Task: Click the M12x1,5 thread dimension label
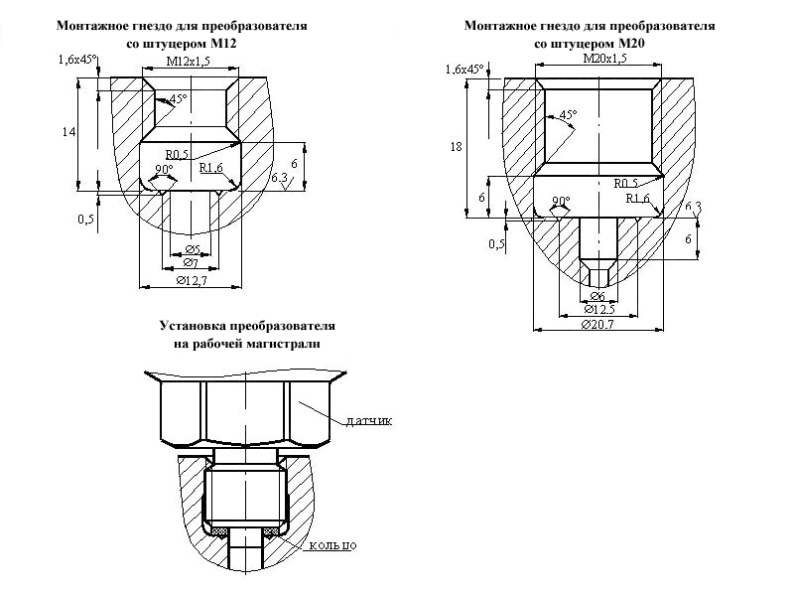pyautogui.click(x=188, y=62)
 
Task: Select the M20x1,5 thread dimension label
pyautogui.click(x=604, y=59)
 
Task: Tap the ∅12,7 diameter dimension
pyautogui.click(x=192, y=280)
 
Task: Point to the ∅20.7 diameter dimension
pyautogui.click(x=597, y=325)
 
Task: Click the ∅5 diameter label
pyautogui.click(x=193, y=249)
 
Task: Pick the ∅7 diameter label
pyautogui.click(x=191, y=262)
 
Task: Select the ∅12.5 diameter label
pyautogui.click(x=599, y=309)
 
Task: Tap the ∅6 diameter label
pyautogui.click(x=597, y=296)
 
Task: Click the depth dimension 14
pyautogui.click(x=68, y=132)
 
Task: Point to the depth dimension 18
pyautogui.click(x=456, y=147)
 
